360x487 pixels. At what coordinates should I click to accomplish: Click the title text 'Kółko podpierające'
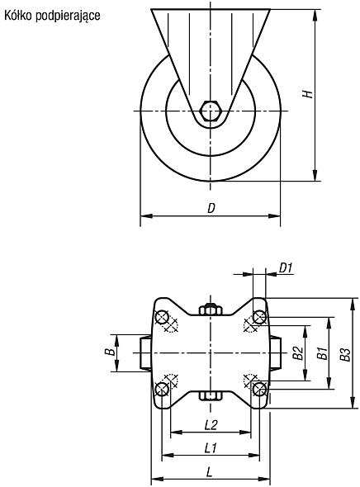(52, 16)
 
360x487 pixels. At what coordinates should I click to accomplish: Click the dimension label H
(308, 94)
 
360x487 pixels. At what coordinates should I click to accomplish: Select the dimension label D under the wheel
(211, 208)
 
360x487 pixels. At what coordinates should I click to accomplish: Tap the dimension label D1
(286, 267)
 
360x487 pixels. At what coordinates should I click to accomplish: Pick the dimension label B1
(323, 353)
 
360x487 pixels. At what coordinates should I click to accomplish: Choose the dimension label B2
(298, 353)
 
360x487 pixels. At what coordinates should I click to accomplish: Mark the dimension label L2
(211, 425)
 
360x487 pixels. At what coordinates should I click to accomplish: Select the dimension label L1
(211, 448)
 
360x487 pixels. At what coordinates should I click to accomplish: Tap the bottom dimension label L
(210, 472)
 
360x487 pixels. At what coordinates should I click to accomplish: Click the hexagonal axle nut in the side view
(211, 111)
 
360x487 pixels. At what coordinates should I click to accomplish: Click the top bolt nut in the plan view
(211, 310)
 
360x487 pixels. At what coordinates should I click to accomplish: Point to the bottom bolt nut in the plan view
(211, 395)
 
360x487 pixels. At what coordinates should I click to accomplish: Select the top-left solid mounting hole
(162, 318)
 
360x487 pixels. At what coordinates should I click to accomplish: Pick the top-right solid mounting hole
(259, 318)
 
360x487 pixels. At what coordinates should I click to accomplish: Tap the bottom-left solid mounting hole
(162, 389)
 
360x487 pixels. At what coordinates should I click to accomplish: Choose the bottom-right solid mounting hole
(259, 389)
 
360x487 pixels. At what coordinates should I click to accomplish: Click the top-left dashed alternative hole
(171, 326)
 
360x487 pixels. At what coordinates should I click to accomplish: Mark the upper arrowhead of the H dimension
(315, 14)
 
